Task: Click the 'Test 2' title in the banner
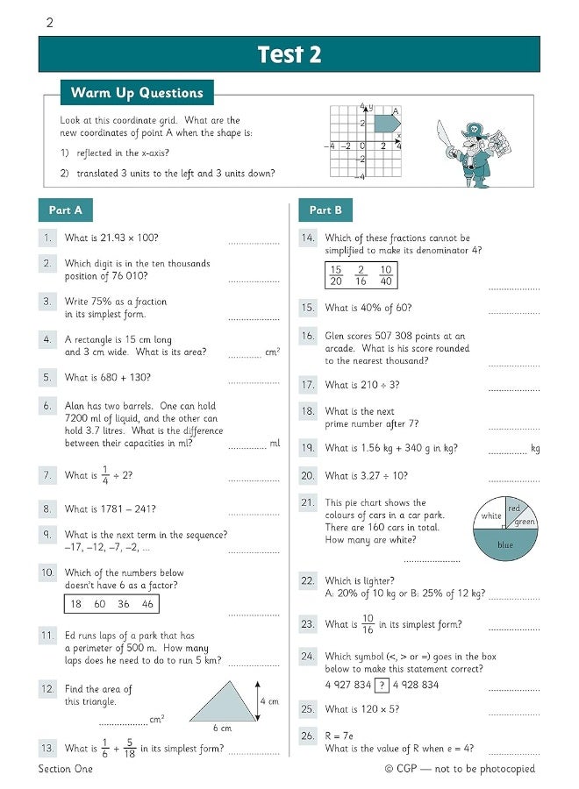click(x=289, y=54)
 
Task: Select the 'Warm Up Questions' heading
click(x=137, y=93)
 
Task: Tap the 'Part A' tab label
click(x=65, y=210)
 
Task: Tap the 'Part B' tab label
click(x=325, y=210)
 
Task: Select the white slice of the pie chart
click(x=490, y=516)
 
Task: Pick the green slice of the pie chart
click(x=525, y=522)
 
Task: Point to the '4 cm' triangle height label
click(x=268, y=701)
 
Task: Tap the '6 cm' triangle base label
click(x=222, y=729)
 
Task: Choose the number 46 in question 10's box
click(x=147, y=604)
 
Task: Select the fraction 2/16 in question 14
click(x=361, y=275)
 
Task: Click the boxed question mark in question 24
click(x=382, y=685)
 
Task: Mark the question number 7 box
click(x=48, y=475)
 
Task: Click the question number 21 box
click(x=307, y=503)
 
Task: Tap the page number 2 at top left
click(x=49, y=23)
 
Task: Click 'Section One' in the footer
click(x=65, y=769)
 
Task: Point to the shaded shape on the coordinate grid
click(x=386, y=124)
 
